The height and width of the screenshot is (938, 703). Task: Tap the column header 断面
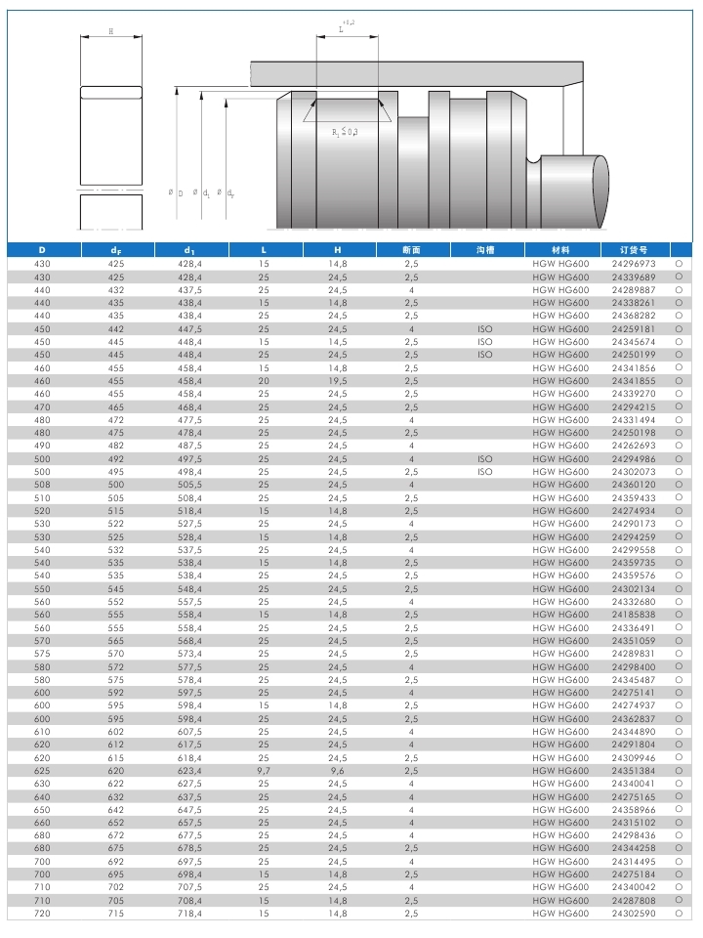point(412,250)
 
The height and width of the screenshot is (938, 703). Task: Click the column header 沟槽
point(485,250)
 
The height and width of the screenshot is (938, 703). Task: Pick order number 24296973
point(634,264)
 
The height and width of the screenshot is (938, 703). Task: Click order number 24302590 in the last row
point(634,914)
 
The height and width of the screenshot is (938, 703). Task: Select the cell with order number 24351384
point(634,771)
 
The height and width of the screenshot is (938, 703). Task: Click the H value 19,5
point(338,381)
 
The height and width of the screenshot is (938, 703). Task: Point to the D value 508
point(42,485)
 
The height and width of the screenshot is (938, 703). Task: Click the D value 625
point(42,771)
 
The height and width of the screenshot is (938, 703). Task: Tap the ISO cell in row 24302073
point(485,472)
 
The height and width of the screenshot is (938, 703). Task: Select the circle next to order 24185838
point(678,615)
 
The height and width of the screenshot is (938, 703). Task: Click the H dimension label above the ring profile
point(110,31)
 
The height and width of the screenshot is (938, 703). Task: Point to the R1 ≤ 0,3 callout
point(345,132)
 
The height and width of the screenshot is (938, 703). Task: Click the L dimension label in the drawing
point(342,29)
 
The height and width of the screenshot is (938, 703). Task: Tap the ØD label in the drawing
point(176,192)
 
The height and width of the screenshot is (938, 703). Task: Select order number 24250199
point(634,355)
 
